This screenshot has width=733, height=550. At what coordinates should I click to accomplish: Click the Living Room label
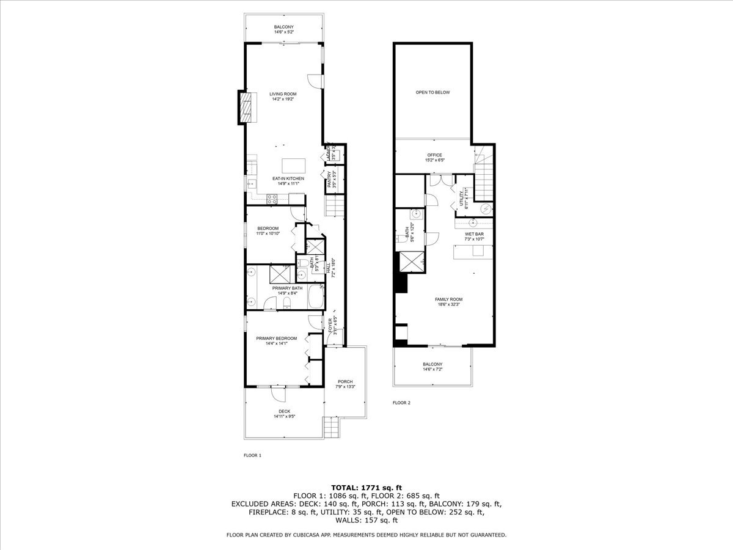pyautogui.click(x=283, y=94)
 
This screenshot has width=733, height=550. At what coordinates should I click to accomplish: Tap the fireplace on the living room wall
pyautogui.click(x=244, y=108)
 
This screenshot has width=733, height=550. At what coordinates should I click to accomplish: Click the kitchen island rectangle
pyautogui.click(x=293, y=166)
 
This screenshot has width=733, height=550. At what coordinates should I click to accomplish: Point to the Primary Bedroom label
pyautogui.click(x=276, y=339)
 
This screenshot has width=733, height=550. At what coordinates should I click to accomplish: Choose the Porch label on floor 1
pyautogui.click(x=345, y=382)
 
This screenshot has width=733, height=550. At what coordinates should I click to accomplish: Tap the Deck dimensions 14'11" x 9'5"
pyautogui.click(x=284, y=417)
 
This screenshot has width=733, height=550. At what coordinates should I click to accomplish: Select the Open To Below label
pyautogui.click(x=432, y=92)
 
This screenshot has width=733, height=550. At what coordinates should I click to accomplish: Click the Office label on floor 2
pyautogui.click(x=434, y=155)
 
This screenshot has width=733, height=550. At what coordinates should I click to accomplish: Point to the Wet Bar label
pyautogui.click(x=474, y=234)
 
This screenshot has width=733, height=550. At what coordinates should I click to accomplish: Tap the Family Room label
pyautogui.click(x=448, y=299)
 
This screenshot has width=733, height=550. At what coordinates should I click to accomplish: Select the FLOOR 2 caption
pyautogui.click(x=401, y=403)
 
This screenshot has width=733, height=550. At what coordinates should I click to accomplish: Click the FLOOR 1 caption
pyautogui.click(x=252, y=455)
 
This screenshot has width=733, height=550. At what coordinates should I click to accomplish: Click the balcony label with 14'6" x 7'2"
pyautogui.click(x=432, y=367)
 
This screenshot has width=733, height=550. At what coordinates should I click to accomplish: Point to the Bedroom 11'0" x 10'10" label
pyautogui.click(x=268, y=231)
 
